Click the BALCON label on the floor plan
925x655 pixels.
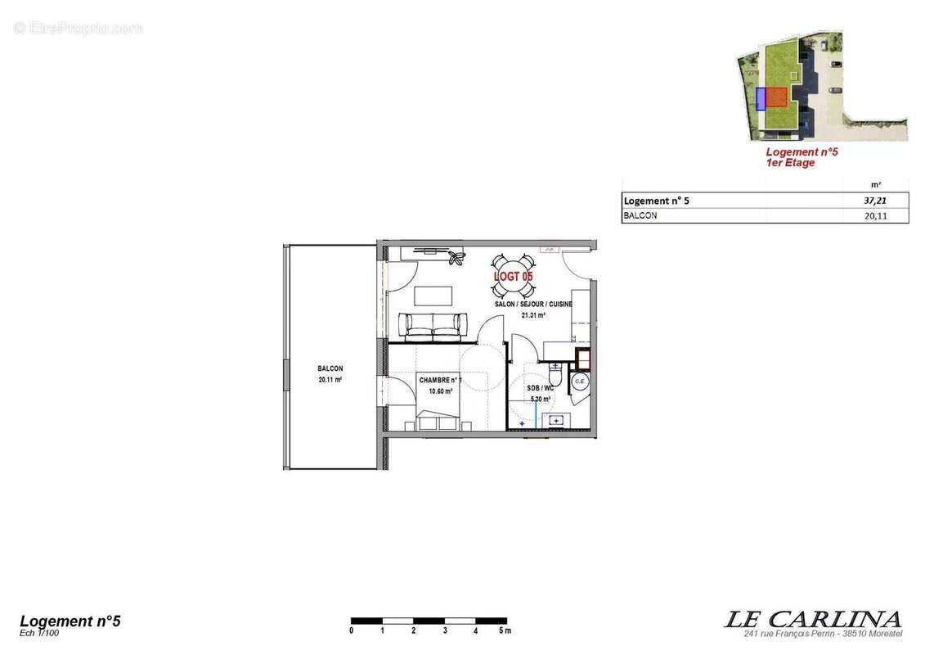(330, 369)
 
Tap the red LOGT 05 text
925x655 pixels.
(513, 277)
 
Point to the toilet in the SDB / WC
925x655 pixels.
(555, 375)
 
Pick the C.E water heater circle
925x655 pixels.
(580, 382)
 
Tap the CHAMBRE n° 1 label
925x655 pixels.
(441, 381)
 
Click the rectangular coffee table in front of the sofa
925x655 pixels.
(433, 295)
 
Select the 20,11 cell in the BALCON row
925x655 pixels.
(873, 216)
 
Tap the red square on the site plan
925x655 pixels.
(776, 97)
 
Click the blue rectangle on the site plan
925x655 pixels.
(760, 98)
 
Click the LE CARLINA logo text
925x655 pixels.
(812, 619)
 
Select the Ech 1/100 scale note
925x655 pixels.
(39, 633)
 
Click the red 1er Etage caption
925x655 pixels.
(790, 163)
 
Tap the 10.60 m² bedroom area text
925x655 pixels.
(441, 391)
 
